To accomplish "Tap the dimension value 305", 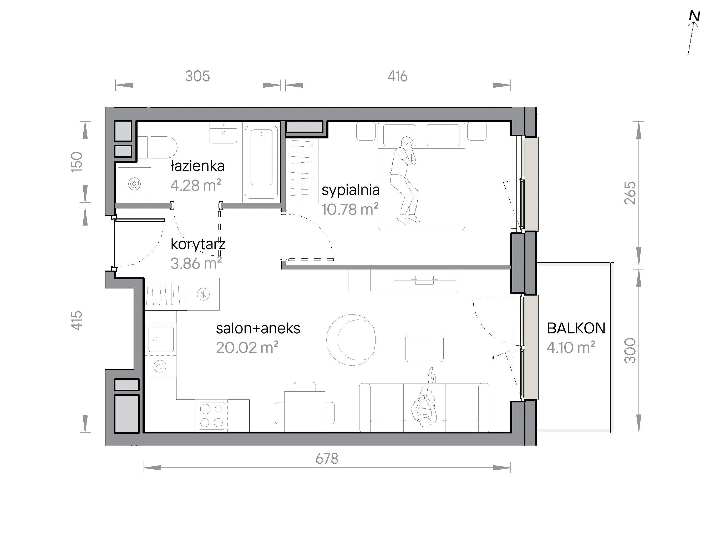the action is pos(197,76).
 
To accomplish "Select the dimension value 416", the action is pos(397,76).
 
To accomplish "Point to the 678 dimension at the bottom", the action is pos(327,459).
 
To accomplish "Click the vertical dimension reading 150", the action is pos(77,162).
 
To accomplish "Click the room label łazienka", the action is pos(197,166).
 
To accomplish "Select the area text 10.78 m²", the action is pos(350,209).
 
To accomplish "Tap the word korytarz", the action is pos(198,244).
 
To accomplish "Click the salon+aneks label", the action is pos(258,328).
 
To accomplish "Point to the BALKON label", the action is pos(576,328).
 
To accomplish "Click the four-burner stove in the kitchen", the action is pos(211,415).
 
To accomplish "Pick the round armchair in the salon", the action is pos(351,340).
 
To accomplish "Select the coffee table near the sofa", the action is pos(424,348).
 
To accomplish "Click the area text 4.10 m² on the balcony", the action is pos(571,348).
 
